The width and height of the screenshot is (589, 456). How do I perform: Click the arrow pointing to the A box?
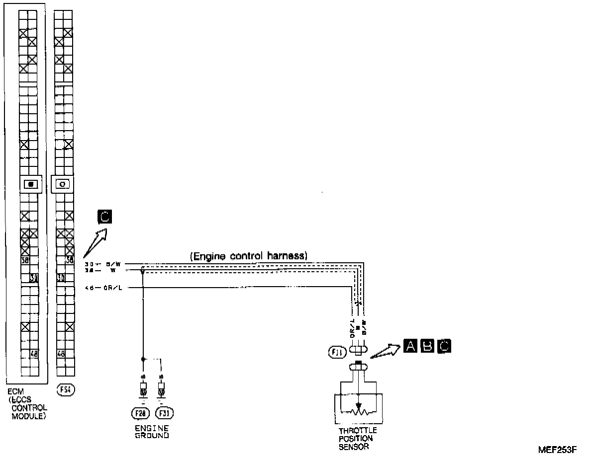coord(385,350)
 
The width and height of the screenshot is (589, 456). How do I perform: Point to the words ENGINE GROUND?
coord(152,432)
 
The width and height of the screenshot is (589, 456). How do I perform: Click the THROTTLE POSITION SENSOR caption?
coord(358,439)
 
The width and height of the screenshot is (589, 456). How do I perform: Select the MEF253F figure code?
coord(557,450)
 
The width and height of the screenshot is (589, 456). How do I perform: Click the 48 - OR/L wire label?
coord(101,287)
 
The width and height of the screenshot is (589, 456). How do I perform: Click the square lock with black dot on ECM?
coord(31,184)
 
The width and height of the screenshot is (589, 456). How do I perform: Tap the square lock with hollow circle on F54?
coord(63,184)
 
